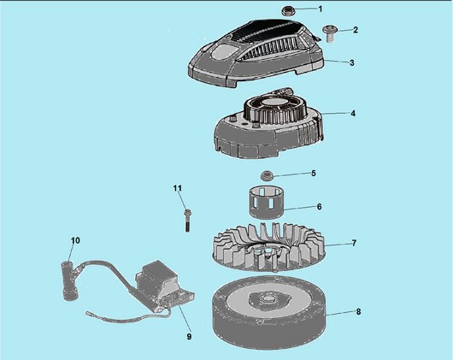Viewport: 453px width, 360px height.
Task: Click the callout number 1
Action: pos(320,9)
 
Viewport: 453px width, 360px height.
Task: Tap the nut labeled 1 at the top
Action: pos(288,11)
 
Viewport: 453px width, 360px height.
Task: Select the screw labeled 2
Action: pos(329,34)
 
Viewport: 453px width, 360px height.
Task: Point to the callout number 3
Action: pos(351,62)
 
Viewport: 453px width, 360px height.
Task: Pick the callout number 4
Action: pos(353,114)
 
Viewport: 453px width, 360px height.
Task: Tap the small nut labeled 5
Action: pos(267,175)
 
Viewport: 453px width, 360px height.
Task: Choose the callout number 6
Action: pos(320,207)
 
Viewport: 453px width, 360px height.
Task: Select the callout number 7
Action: pos(354,243)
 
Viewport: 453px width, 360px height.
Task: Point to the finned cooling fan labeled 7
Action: pos(268,248)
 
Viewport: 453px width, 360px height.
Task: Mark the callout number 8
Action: pos(358,312)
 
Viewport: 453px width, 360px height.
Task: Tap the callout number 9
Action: pos(189,337)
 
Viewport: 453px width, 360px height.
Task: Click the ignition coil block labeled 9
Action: pos(162,286)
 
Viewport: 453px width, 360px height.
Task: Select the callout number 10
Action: pos(75,240)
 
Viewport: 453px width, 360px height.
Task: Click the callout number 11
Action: pos(178,188)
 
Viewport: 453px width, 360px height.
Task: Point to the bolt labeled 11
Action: pos(187,220)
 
